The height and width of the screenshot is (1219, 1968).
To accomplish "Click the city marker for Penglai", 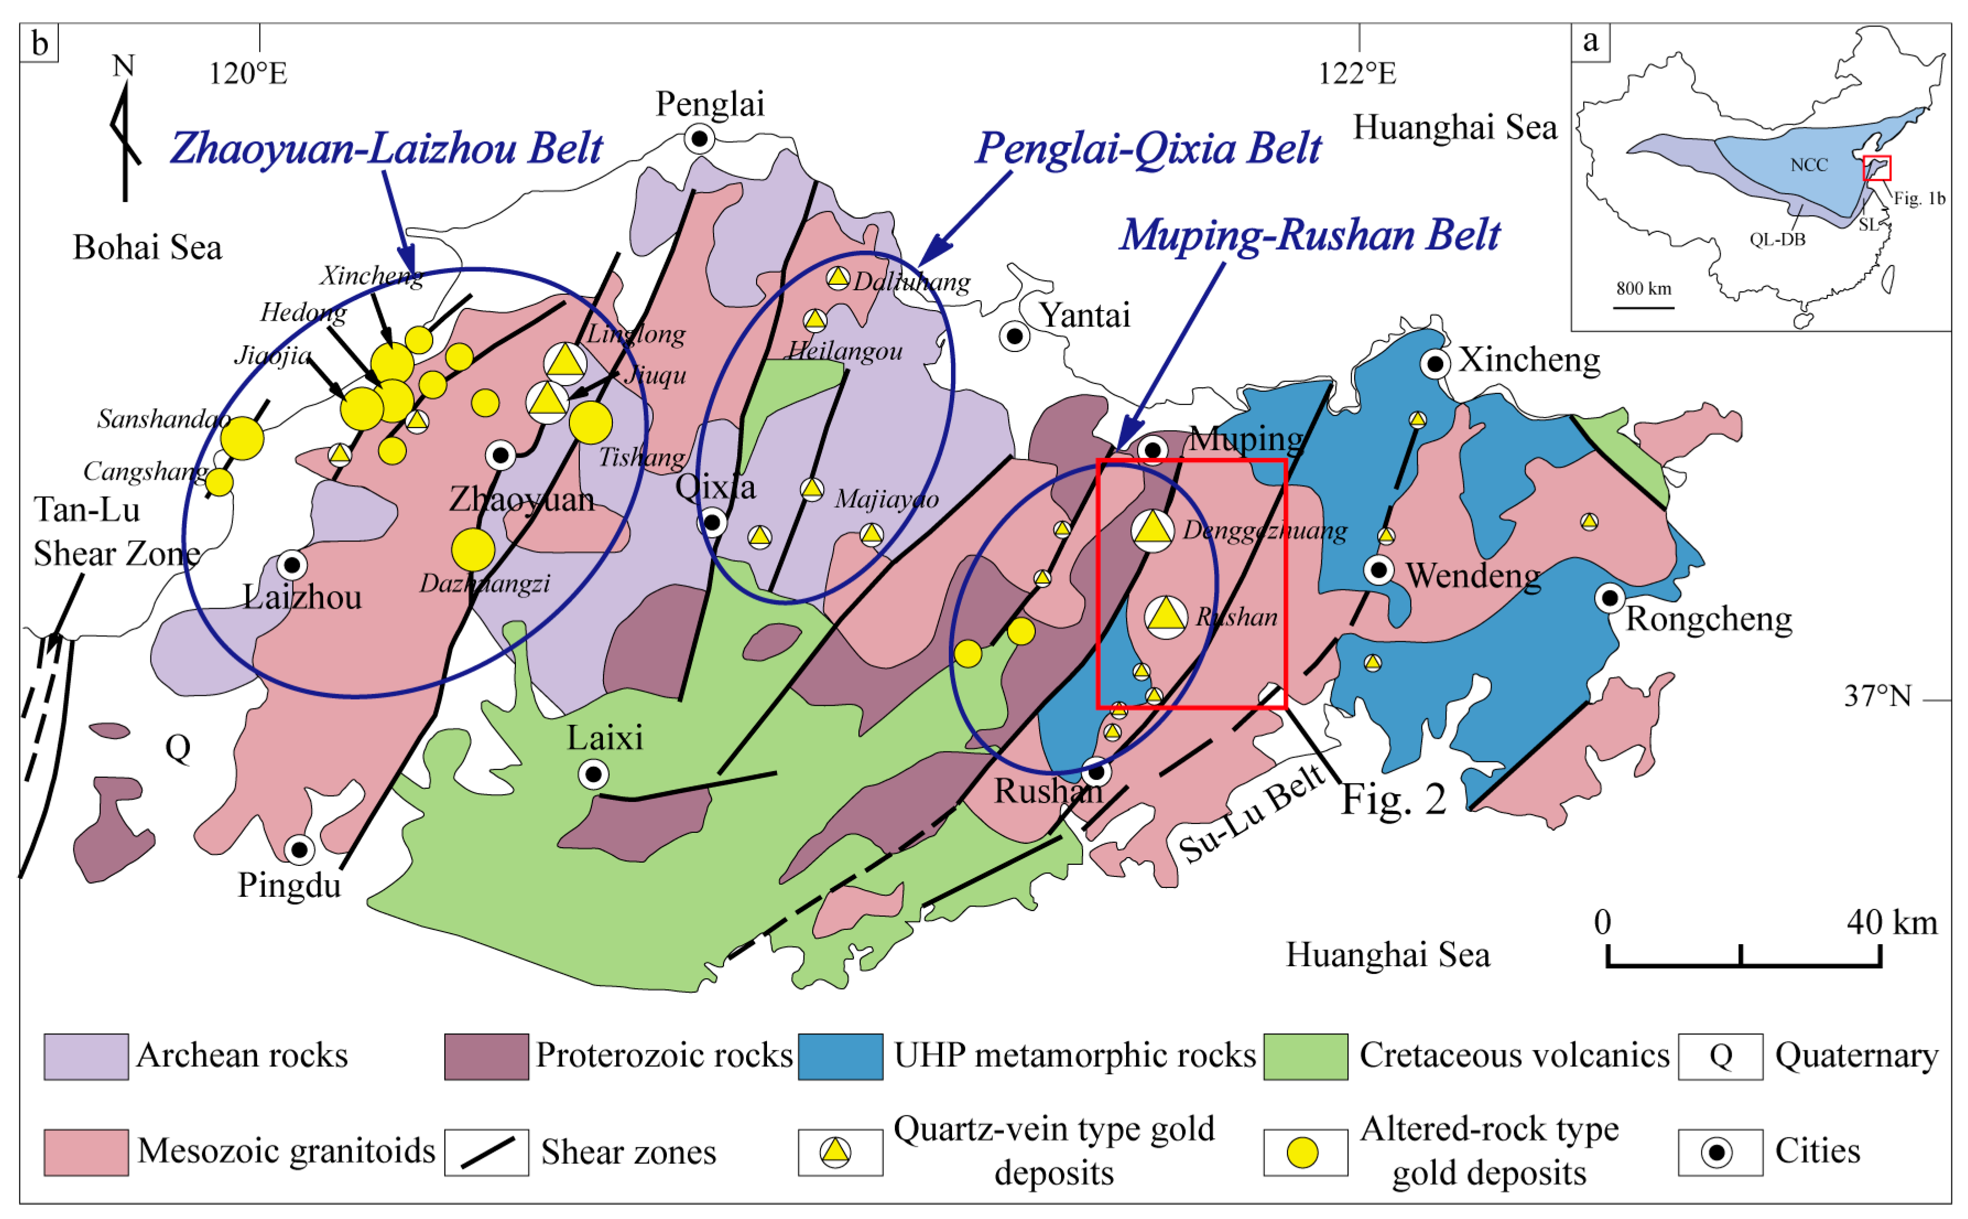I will (x=699, y=139).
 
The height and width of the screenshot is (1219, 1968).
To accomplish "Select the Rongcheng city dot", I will (x=1610, y=598).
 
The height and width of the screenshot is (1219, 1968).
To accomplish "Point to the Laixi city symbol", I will (x=593, y=775).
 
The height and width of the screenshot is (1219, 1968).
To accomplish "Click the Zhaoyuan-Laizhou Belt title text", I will (x=386, y=148).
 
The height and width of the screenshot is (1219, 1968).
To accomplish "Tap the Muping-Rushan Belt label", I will (x=1309, y=235).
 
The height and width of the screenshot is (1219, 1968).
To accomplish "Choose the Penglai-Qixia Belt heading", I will (x=1148, y=148).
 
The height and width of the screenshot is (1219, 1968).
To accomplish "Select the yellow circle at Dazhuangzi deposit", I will (x=473, y=550).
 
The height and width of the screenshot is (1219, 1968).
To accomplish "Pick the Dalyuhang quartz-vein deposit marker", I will (x=838, y=278).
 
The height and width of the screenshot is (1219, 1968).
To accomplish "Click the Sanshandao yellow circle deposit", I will (x=242, y=438).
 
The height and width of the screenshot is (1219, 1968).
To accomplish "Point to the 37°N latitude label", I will (x=1877, y=696).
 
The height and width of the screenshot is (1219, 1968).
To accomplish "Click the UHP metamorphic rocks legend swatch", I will (x=840, y=1056).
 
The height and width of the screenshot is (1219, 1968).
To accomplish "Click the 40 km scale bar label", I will (x=1891, y=922).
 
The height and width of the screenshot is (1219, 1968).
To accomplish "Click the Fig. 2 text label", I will (x=1393, y=800).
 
